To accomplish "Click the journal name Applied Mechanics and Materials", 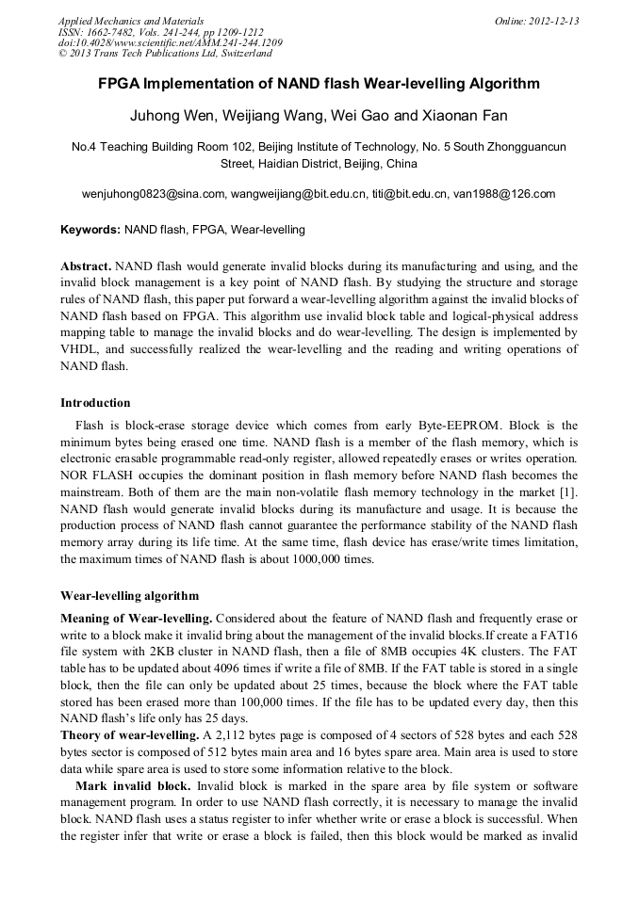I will point(131,21).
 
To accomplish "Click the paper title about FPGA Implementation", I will point(319,84).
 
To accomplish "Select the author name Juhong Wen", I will point(166,117).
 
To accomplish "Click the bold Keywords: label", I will point(90,230).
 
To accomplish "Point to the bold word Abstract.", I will point(86,266).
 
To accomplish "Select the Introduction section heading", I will point(95,403).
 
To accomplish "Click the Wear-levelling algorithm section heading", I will point(129,596).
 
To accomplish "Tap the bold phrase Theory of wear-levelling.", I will point(129,734).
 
